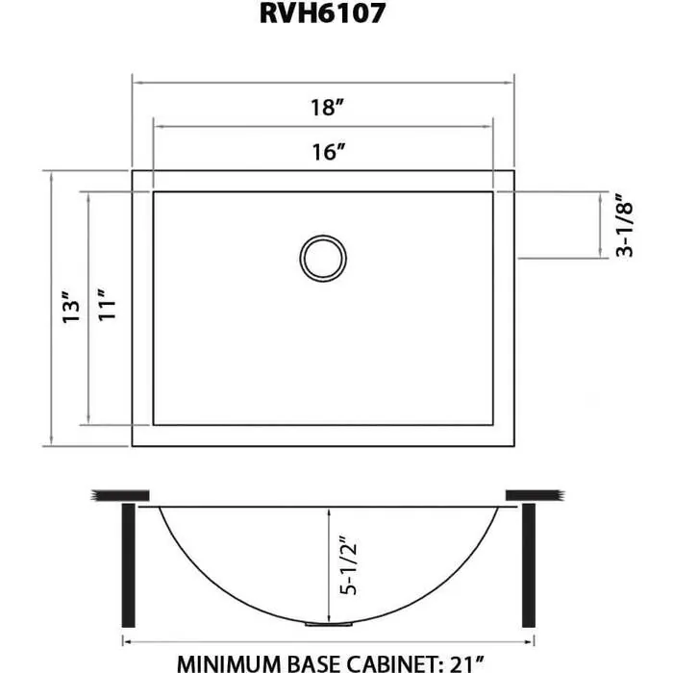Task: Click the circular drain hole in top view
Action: [x=322, y=258]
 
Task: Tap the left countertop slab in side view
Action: [x=120, y=495]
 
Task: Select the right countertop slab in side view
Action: [x=532, y=495]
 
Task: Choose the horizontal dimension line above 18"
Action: [x=322, y=83]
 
